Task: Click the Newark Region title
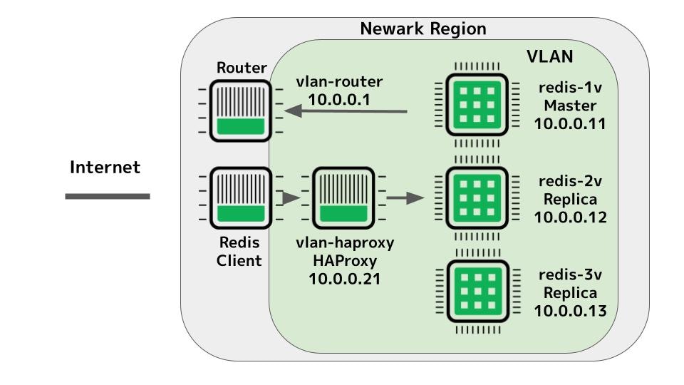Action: [x=423, y=29]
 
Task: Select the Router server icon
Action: [x=241, y=111]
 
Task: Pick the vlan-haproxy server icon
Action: [x=344, y=197]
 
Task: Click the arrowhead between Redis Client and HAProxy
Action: [x=290, y=197]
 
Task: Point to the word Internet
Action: [x=105, y=168]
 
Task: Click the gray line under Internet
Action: [x=108, y=196]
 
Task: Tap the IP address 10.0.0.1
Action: [x=339, y=100]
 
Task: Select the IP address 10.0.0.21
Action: [x=344, y=279]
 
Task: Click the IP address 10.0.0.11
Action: [x=570, y=123]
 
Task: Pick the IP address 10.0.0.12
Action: [x=570, y=217]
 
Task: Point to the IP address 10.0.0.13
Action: [x=570, y=310]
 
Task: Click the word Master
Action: [x=569, y=106]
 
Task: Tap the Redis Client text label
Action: [x=239, y=252]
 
